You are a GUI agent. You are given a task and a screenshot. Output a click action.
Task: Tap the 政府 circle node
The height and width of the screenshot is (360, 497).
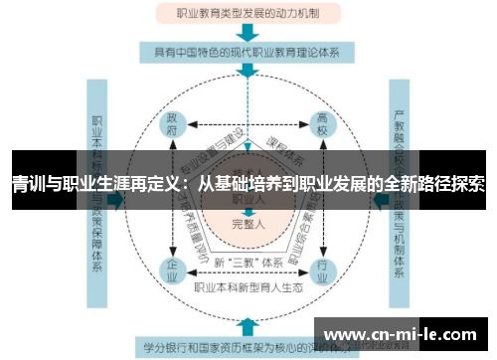point(172,127)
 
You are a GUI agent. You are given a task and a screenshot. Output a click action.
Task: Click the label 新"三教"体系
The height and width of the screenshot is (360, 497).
point(247,262)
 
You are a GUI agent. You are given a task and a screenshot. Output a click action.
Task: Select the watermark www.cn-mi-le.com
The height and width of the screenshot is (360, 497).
point(403,333)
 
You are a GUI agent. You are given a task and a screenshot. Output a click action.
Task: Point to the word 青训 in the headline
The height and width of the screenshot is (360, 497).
point(26,184)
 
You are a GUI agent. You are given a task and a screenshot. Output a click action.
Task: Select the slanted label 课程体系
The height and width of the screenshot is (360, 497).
point(283,151)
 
